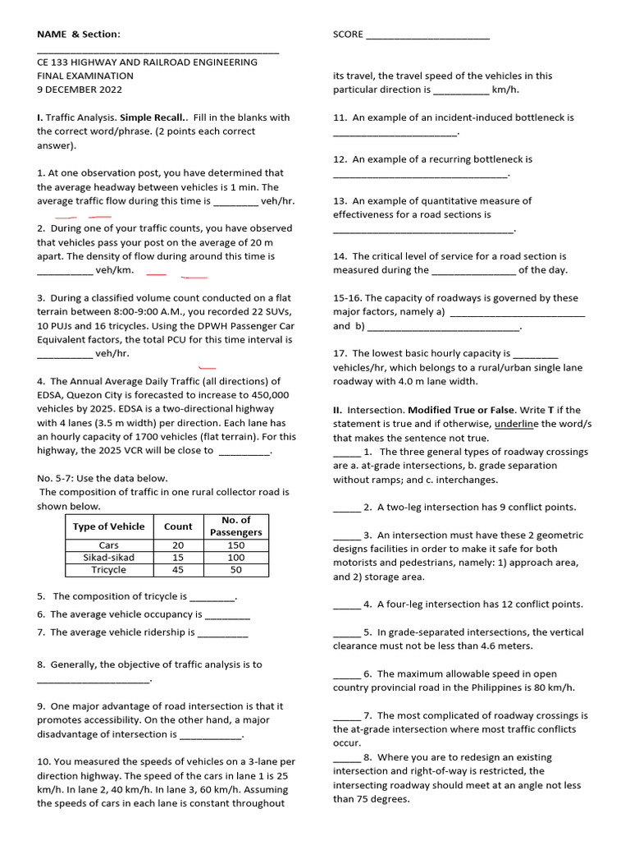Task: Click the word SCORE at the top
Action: [x=348, y=34]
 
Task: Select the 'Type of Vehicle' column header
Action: [x=108, y=526]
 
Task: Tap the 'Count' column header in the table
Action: [x=178, y=526]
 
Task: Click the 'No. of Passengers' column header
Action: [x=235, y=526]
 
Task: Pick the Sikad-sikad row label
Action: [x=108, y=558]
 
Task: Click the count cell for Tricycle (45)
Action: [x=178, y=570]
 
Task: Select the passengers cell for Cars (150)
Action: [x=235, y=545]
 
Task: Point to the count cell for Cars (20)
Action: [x=178, y=545]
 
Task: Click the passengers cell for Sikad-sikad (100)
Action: [x=235, y=558]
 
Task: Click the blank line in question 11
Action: [x=395, y=132]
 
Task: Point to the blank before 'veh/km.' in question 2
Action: [x=65, y=271]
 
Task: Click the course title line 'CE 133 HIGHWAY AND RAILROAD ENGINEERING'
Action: [x=147, y=62]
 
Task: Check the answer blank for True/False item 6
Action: [x=346, y=674]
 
